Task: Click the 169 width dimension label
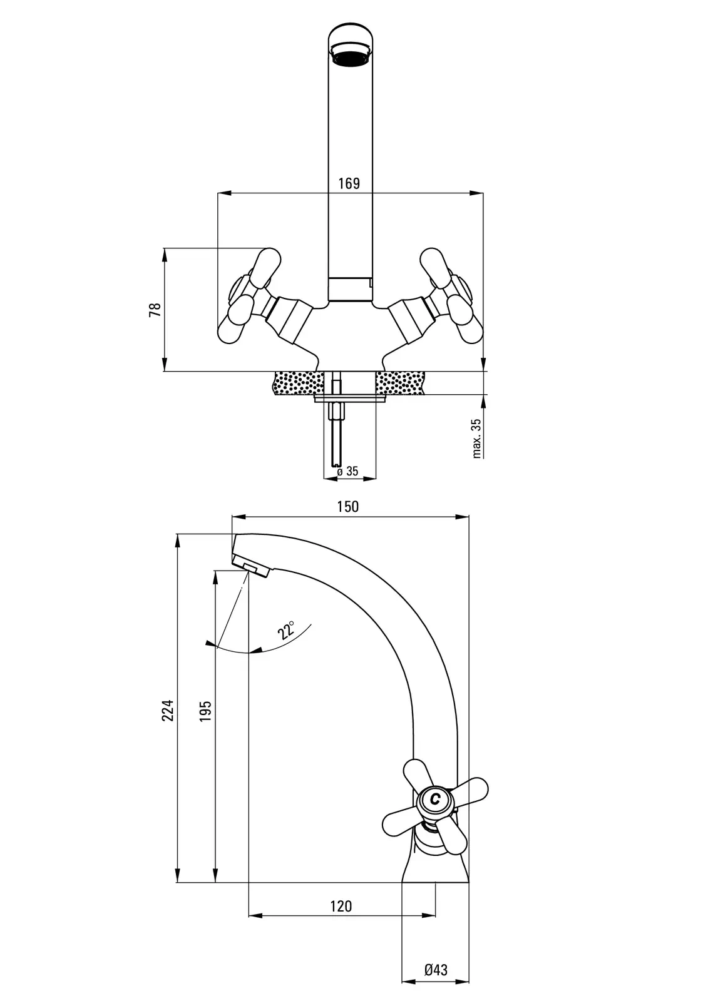(349, 183)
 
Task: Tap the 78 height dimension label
(155, 310)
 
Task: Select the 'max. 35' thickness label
(477, 438)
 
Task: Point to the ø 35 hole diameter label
(348, 471)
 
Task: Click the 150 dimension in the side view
(348, 506)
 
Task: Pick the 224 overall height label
(167, 709)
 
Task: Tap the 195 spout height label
(205, 711)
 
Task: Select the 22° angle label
(287, 631)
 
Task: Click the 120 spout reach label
(341, 905)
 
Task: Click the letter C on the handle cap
(435, 799)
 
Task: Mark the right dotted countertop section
(401, 382)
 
